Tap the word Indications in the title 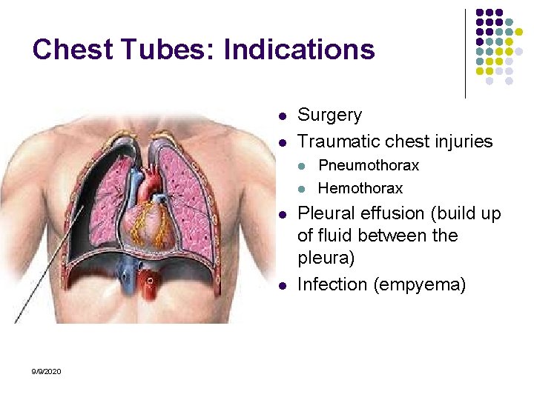299,50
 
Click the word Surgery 329,116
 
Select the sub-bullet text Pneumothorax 369,165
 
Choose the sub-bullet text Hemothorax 360,188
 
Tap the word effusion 386,213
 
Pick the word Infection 330,284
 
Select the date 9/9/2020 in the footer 47,370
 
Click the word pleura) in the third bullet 326,259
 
